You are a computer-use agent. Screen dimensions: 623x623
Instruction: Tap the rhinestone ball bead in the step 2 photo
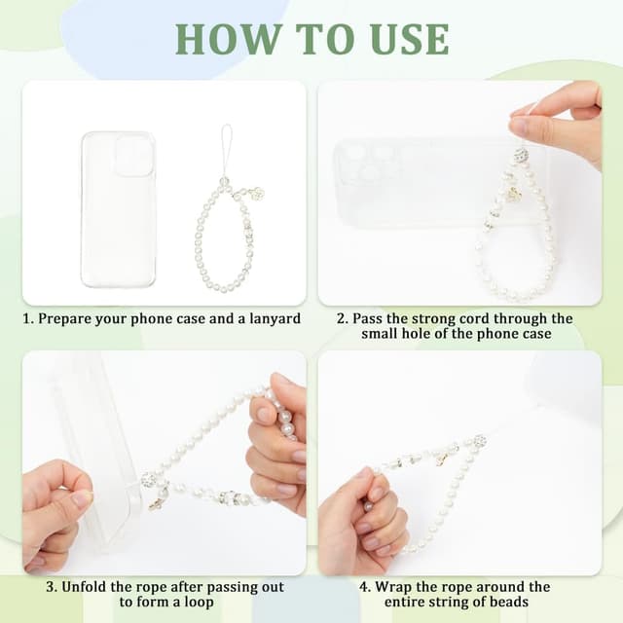pyautogui.click(x=521, y=154)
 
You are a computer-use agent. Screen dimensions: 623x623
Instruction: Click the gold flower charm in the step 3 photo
pyautogui.click(x=156, y=501)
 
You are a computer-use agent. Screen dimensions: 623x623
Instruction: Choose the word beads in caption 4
pyautogui.click(x=507, y=602)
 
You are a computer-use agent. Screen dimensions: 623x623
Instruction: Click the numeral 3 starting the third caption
pyautogui.click(x=50, y=587)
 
